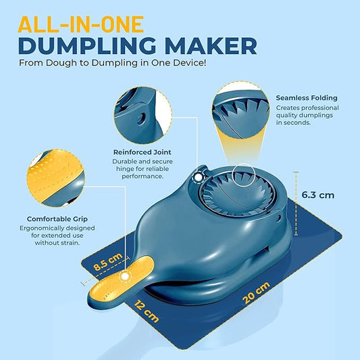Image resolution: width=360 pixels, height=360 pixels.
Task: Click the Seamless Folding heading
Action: click(x=306, y=98)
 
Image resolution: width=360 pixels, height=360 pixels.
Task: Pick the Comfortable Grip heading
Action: click(x=55, y=219)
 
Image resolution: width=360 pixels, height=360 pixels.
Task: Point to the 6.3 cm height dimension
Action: click(x=317, y=195)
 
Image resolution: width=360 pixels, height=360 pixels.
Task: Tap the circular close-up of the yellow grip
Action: click(x=53, y=177)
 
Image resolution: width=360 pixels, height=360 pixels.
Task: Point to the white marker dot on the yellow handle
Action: click(x=124, y=277)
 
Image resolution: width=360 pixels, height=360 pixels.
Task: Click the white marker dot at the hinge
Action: click(x=197, y=177)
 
